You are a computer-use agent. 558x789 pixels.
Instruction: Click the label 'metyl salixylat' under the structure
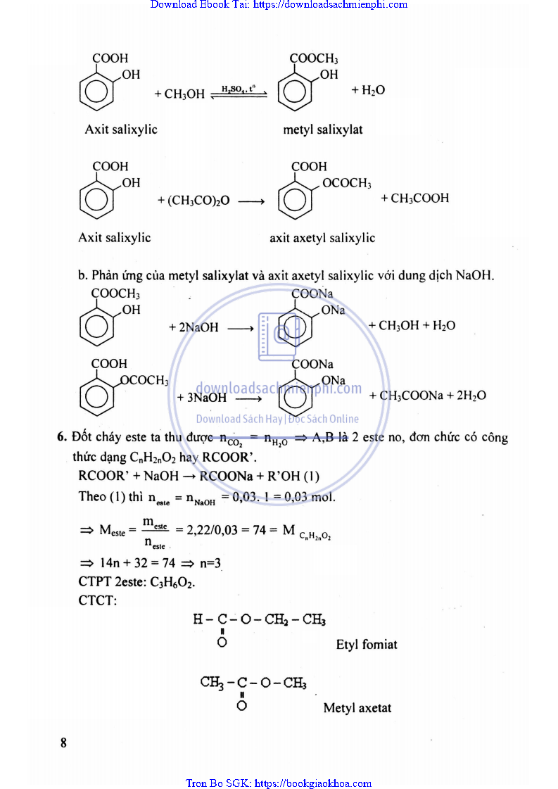[323, 130]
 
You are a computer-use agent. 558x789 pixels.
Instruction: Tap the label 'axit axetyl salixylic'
[322, 238]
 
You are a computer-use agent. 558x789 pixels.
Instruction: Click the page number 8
[63, 743]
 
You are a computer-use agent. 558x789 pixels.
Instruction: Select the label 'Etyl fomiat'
[367, 644]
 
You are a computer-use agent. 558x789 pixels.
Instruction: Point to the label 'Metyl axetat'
[357, 708]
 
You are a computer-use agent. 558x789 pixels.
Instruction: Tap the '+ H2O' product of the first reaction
[368, 91]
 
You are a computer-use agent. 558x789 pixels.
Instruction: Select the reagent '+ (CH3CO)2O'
[194, 201]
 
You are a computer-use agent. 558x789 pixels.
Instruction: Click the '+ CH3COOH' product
[414, 198]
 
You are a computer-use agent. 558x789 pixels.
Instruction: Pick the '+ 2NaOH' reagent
[194, 327]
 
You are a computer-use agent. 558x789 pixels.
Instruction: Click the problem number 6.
[61, 437]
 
